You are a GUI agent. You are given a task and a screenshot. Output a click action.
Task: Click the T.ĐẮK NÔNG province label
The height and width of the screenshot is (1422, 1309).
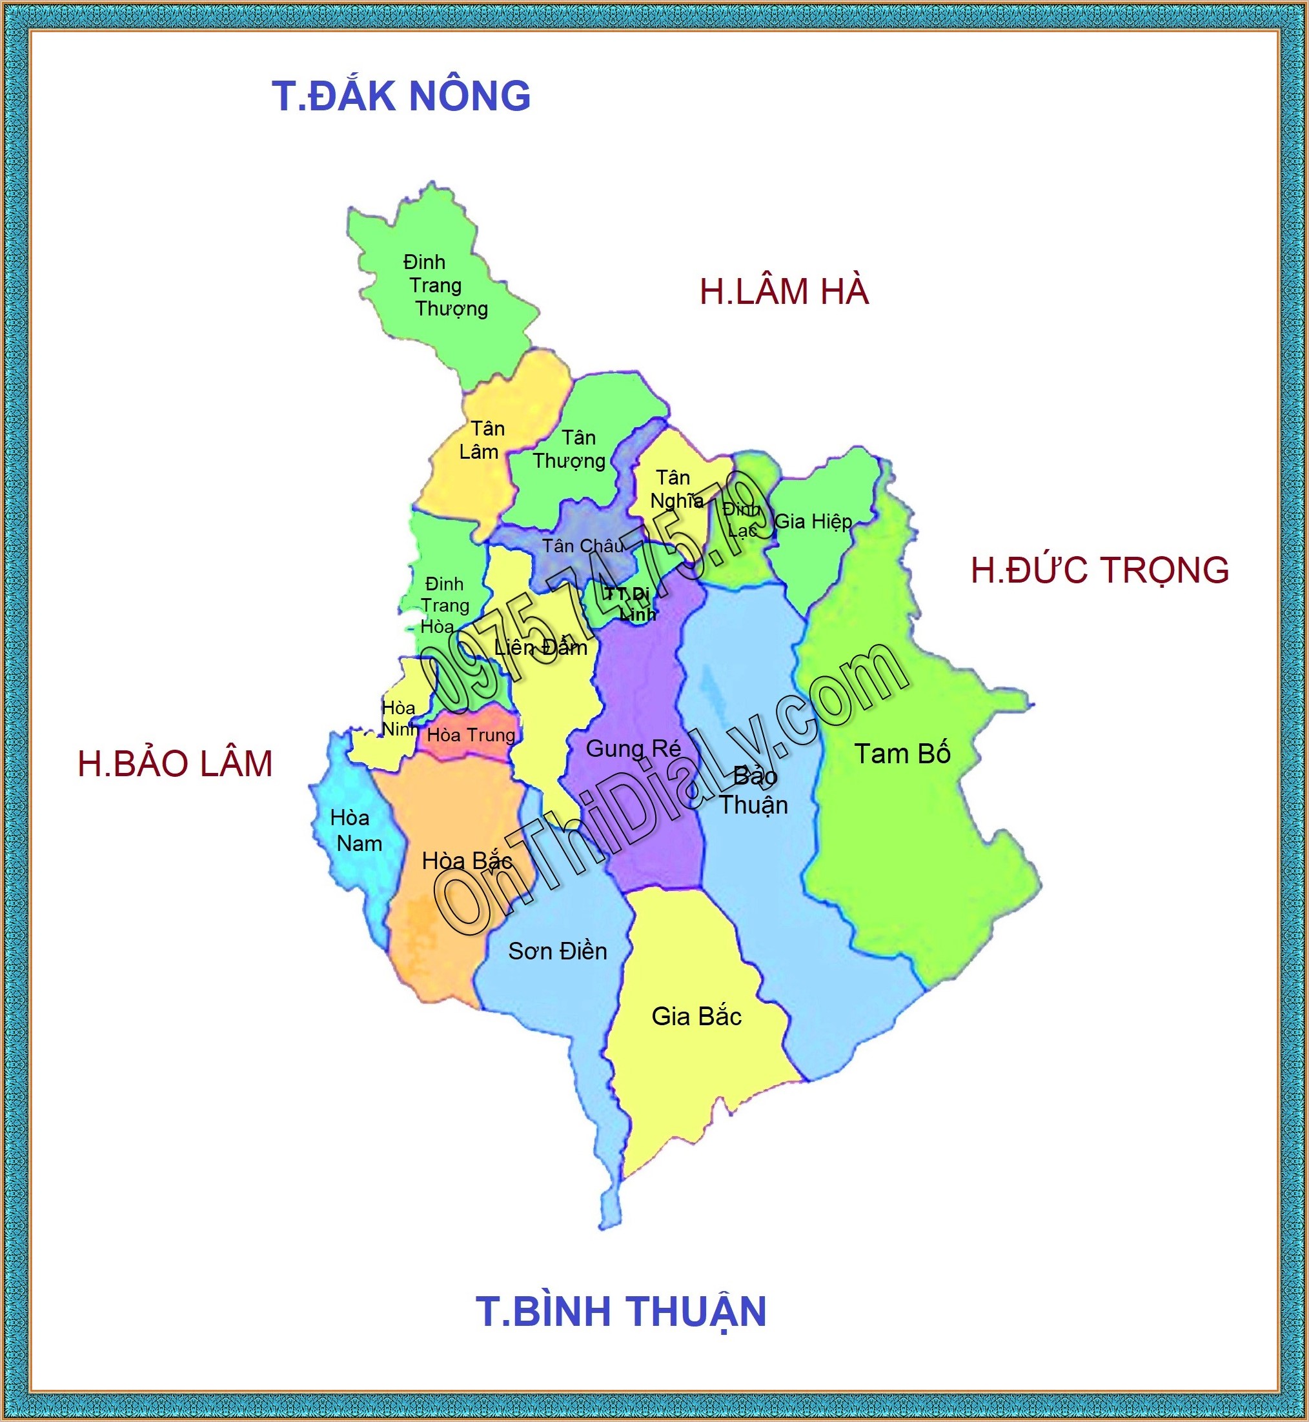tap(401, 96)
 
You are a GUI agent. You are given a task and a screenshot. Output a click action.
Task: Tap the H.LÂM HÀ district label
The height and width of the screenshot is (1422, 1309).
tap(784, 292)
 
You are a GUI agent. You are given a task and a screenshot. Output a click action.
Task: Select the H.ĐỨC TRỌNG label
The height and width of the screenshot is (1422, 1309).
tap(1099, 570)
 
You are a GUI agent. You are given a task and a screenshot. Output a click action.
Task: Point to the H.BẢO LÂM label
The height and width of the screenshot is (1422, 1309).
tap(175, 763)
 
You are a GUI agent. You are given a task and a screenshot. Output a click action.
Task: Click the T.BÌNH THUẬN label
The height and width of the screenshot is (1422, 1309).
tap(620, 1311)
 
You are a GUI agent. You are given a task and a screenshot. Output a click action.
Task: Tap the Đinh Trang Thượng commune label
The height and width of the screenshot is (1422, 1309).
tap(445, 285)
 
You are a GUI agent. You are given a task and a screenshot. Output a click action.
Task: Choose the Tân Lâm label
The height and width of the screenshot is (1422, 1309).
tap(482, 440)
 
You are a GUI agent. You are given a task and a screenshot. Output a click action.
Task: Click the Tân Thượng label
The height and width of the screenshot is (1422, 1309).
tap(570, 449)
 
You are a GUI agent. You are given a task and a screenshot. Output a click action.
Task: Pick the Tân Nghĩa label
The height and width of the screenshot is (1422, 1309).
tap(675, 488)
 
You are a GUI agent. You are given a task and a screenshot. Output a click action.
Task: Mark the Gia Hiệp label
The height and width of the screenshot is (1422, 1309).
tap(813, 521)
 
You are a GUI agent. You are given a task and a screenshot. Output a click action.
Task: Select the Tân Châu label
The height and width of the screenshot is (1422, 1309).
tap(583, 546)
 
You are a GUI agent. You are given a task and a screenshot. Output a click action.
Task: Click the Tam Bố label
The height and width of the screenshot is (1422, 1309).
tap(902, 754)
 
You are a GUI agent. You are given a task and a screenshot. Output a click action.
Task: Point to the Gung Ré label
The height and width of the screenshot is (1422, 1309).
tap(633, 748)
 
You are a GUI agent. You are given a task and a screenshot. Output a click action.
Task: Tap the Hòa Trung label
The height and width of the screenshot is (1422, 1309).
tap(471, 735)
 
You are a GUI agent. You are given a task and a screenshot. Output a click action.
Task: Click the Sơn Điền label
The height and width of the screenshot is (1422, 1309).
tap(558, 951)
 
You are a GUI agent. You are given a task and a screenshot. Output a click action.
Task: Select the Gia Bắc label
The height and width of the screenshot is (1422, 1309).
tap(696, 1016)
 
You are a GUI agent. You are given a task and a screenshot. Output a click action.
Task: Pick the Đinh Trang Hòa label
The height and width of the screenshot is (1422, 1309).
tap(443, 605)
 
